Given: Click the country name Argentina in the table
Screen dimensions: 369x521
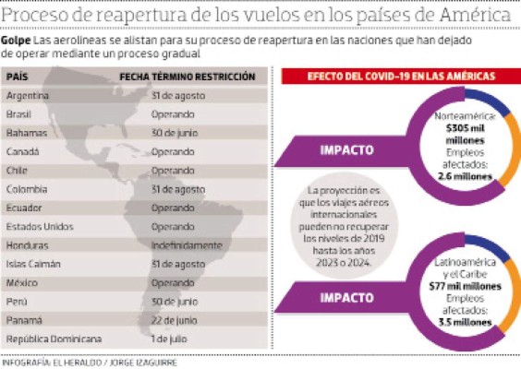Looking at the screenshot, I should point(27,96).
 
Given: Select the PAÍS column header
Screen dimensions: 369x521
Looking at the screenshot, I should point(18,77).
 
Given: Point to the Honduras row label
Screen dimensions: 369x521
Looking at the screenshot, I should point(27,245).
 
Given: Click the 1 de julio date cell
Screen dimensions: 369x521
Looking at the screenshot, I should point(170,339).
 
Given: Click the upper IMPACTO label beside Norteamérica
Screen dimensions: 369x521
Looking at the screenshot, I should point(346,148).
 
